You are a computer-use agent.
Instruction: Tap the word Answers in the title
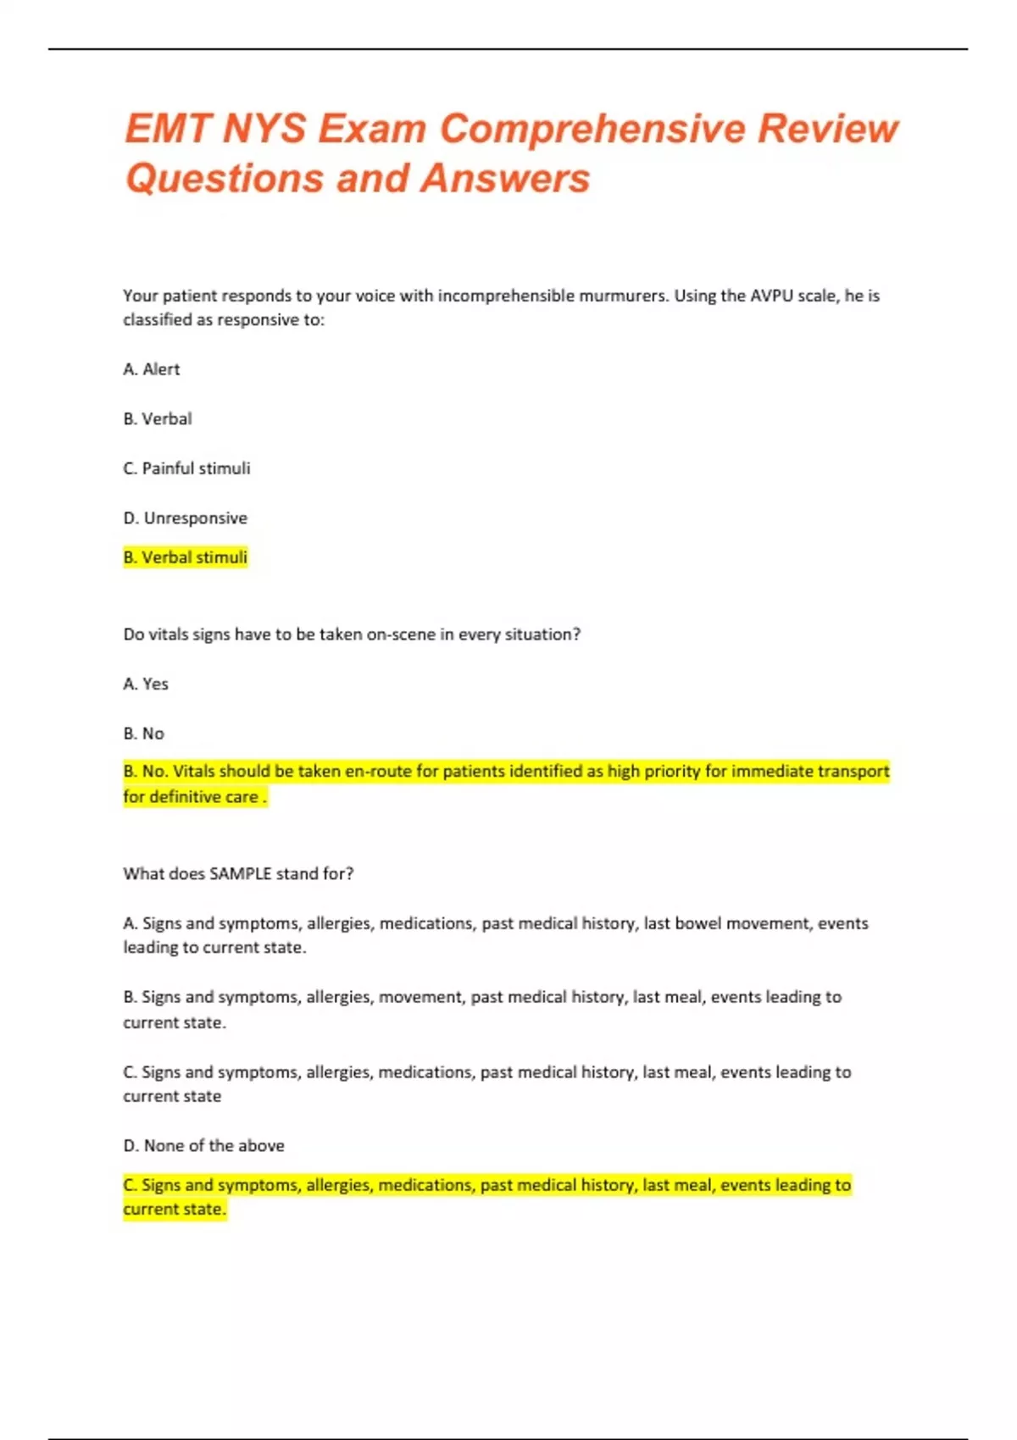pos(505,179)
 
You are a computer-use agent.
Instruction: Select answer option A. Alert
pos(152,369)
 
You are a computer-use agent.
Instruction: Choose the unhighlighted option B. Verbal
pos(158,418)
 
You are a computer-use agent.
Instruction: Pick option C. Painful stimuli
pos(186,468)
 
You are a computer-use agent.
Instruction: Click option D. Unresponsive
pos(186,518)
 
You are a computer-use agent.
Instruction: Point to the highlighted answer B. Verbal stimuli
pos(186,557)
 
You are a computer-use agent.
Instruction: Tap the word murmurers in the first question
pos(624,296)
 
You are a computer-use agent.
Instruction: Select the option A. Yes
pos(146,684)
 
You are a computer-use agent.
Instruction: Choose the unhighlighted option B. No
pos(144,734)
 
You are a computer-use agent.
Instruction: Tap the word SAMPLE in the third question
pos(240,873)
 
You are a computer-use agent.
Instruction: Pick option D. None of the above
pos(204,1146)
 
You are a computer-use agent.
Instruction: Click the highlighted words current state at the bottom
pos(174,1210)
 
